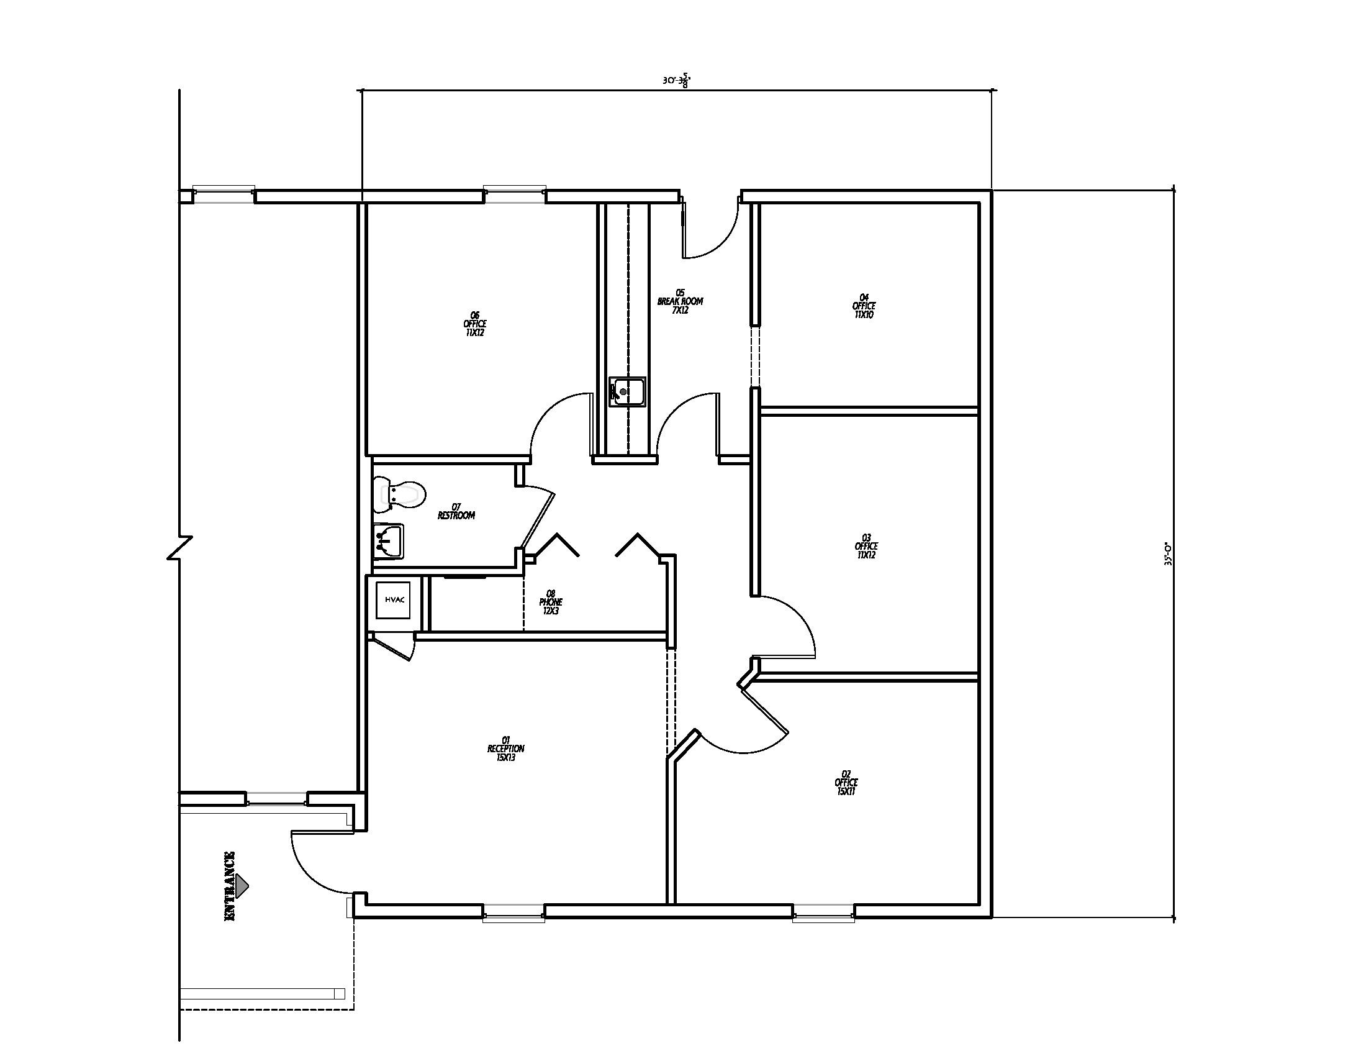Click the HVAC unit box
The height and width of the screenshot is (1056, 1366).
point(395,600)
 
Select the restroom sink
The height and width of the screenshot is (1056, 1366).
point(388,541)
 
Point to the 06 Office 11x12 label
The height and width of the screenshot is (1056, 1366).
point(475,324)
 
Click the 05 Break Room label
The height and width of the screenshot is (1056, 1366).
point(680,301)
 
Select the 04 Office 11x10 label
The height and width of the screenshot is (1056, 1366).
point(864,306)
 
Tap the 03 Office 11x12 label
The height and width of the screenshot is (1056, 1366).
point(866,546)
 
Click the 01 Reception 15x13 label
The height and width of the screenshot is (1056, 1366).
point(505,749)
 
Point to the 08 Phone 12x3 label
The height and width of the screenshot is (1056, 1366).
point(550,602)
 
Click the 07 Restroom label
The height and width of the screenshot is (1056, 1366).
point(456,511)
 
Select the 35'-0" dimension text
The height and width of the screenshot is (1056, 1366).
point(1167,553)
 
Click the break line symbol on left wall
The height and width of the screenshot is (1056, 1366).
point(180,547)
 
